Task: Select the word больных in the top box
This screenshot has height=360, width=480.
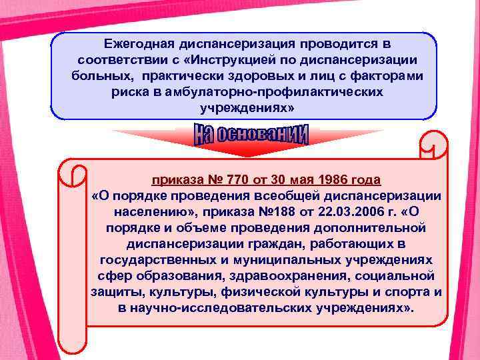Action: point(100,75)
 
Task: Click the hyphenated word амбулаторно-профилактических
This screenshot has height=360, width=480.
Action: point(259,91)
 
